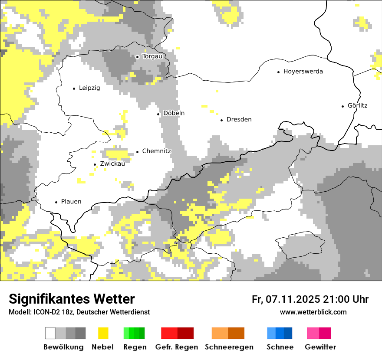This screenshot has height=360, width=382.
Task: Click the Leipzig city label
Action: [x=89, y=88]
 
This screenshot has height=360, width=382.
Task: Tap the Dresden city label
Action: [x=239, y=120]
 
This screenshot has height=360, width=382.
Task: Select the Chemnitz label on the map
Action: [x=156, y=151]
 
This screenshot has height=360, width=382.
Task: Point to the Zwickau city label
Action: [x=112, y=164]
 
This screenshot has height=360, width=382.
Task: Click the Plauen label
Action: [x=71, y=202]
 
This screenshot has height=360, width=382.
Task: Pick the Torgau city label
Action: [x=152, y=56]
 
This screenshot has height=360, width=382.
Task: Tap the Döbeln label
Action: [x=174, y=113]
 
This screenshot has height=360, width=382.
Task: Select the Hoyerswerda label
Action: [x=303, y=72]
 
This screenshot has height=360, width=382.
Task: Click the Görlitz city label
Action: [x=357, y=105]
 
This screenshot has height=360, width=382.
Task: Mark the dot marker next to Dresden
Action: [x=221, y=120]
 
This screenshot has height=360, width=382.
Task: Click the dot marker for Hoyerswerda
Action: [x=278, y=72]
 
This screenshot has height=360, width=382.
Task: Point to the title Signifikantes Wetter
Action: [x=72, y=299]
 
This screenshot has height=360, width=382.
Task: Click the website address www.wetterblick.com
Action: [x=313, y=312]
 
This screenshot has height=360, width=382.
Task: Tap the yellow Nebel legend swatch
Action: [x=103, y=333]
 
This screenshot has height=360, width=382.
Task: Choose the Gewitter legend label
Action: [x=320, y=347]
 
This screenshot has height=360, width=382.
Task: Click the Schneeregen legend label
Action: [x=229, y=347]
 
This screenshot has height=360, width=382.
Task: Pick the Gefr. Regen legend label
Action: [x=176, y=347]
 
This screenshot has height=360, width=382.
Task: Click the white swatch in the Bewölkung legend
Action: [x=50, y=333]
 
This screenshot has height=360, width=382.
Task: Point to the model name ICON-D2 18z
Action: [x=52, y=312]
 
